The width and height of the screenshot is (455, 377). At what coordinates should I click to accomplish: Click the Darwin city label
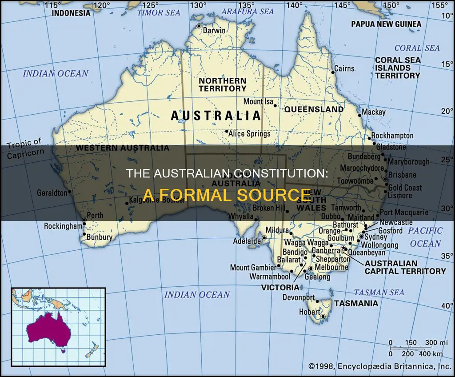click(x=214, y=31)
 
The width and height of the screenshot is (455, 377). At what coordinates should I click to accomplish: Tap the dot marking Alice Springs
click(x=227, y=132)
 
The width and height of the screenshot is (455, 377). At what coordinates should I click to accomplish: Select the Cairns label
click(x=345, y=68)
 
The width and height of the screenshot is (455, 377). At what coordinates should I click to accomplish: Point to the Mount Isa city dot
click(x=275, y=106)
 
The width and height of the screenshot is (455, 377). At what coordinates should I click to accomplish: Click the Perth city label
click(x=95, y=215)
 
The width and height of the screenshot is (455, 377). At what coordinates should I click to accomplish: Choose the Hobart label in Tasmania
click(x=309, y=312)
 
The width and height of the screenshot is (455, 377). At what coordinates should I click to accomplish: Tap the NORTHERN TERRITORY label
click(x=222, y=84)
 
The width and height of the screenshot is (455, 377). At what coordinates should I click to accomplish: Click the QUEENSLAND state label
click(x=314, y=109)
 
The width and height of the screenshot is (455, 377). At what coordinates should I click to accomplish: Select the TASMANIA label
click(x=356, y=303)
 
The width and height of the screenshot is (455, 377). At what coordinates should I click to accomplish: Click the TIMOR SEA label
click(x=159, y=12)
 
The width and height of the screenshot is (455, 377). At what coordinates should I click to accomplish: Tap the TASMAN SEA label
click(x=379, y=292)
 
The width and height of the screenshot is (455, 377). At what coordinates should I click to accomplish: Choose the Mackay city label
click(x=373, y=112)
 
